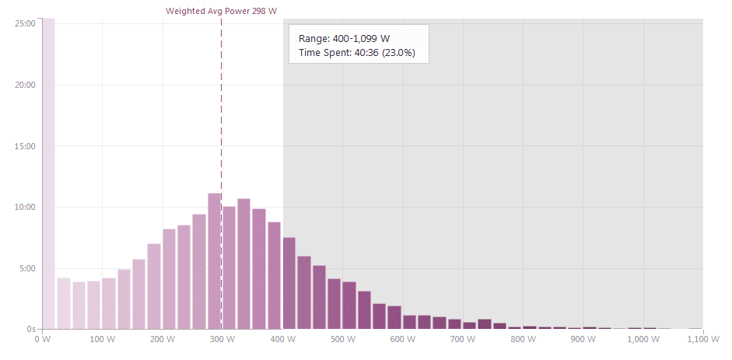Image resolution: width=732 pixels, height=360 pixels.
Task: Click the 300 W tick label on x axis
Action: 222,340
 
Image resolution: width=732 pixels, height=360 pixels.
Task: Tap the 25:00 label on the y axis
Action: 26,23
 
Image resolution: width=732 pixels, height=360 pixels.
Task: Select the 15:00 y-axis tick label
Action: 26,146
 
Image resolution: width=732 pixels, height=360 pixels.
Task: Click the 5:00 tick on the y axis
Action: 27,269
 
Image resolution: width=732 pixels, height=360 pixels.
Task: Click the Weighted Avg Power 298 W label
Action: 222,12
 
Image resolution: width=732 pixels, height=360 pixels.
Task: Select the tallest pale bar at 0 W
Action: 48,171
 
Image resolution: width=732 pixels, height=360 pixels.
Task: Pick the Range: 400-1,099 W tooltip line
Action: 344,38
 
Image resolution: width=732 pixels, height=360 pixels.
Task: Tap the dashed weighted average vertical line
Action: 222,117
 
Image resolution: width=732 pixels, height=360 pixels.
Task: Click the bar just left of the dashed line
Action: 215,261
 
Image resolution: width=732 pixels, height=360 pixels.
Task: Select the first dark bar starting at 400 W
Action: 289,283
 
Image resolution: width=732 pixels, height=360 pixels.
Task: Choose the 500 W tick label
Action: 342,340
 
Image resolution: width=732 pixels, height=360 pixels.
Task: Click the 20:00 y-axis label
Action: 26,85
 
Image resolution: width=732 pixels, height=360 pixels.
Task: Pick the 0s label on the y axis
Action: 31,330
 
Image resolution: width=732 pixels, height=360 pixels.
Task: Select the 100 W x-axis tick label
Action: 102,340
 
